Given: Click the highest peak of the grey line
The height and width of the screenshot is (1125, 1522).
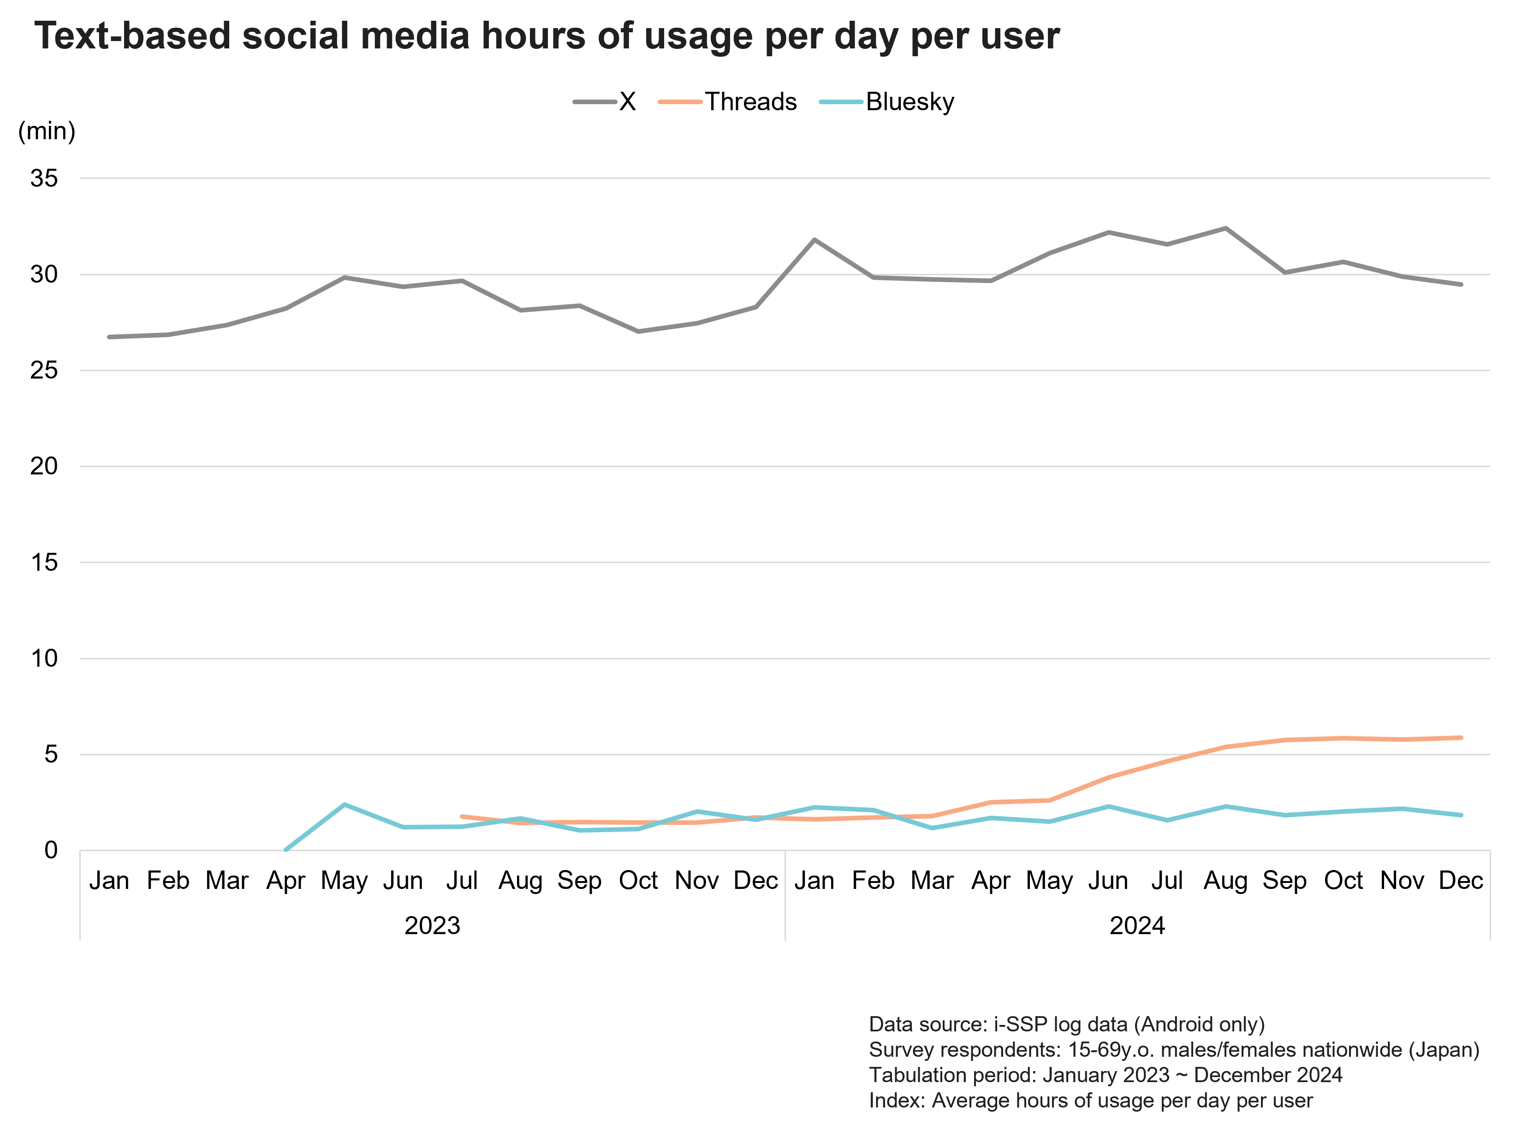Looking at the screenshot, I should point(1225,228).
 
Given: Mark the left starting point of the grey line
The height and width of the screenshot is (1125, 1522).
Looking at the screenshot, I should point(110,337).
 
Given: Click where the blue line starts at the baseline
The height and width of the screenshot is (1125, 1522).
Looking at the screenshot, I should point(285,850).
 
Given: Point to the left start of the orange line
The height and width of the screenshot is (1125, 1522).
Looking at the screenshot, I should point(463,816).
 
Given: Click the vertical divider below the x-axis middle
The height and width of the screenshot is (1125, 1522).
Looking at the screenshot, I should point(785,895).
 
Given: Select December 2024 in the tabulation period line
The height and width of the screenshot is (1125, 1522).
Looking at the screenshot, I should point(1268,1075).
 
